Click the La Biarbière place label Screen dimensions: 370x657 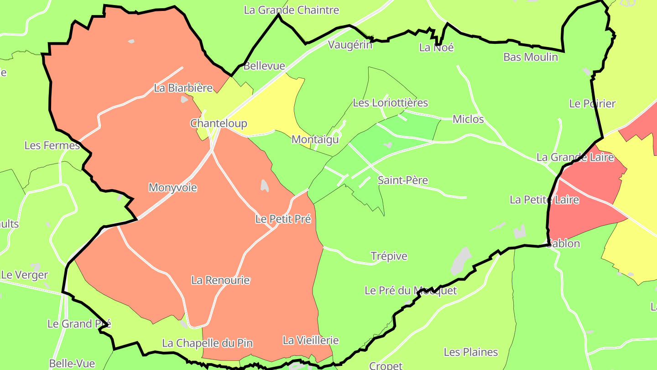pyautogui.click(x=183, y=88)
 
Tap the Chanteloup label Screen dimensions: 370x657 pyautogui.click(x=219, y=123)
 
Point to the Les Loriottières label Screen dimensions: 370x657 pyautogui.click(x=390, y=103)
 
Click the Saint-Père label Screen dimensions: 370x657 pyautogui.click(x=403, y=180)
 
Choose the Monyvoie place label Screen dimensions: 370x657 pyautogui.click(x=173, y=187)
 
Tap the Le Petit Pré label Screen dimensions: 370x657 pyautogui.click(x=283, y=219)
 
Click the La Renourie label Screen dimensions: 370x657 pyautogui.click(x=220, y=280)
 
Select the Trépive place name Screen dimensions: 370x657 pyautogui.click(x=389, y=256)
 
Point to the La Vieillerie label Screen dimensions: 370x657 pyautogui.click(x=311, y=340)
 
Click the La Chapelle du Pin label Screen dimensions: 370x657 pyautogui.click(x=207, y=343)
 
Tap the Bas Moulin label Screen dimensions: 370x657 pyautogui.click(x=531, y=57)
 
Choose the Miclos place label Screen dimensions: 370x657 pyautogui.click(x=468, y=119)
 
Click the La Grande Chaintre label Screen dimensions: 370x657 pyautogui.click(x=292, y=10)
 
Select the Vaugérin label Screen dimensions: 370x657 pyautogui.click(x=350, y=45)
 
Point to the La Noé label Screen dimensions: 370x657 pyautogui.click(x=436, y=48)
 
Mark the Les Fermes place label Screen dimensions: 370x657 pyautogui.click(x=52, y=146)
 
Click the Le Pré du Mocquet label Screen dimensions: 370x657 pyautogui.click(x=411, y=291)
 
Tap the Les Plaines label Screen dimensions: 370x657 pyautogui.click(x=471, y=352)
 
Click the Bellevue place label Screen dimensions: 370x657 pyautogui.click(x=264, y=66)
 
